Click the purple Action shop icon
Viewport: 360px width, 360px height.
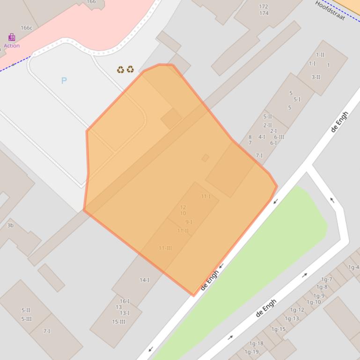[x=12, y=37]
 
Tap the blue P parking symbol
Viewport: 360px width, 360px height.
[x=64, y=80]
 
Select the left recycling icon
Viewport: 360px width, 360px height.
[x=121, y=70]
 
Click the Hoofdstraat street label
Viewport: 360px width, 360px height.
[x=330, y=10]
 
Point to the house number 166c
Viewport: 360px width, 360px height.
[x=26, y=28]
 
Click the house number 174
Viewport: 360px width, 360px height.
[x=264, y=13]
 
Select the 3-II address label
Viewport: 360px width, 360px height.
[x=316, y=77]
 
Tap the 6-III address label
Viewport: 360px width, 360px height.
[x=279, y=137]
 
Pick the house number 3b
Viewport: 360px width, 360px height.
[x=10, y=225]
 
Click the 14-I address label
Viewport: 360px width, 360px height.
[x=144, y=280]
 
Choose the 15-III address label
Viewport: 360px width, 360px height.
[x=118, y=322]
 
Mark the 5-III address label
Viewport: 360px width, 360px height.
[x=26, y=319]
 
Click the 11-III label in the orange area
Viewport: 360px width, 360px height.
[x=165, y=248]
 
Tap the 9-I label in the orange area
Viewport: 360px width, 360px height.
[x=189, y=222]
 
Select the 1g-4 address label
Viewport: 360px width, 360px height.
[x=353, y=267]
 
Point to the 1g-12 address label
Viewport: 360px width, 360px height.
[x=297, y=310]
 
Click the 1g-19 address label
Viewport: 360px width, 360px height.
[x=251, y=352]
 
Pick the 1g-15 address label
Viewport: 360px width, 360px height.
[x=278, y=329]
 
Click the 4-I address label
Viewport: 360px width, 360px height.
[x=262, y=137]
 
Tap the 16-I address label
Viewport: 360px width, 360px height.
[x=125, y=301]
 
